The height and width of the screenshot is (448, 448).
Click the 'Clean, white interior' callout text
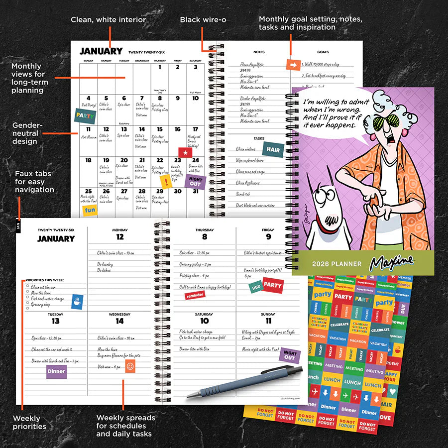point(108,20)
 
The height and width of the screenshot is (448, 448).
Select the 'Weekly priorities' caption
point(29,422)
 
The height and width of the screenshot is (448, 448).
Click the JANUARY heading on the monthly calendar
point(101,51)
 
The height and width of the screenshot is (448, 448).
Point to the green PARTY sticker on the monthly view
point(85,115)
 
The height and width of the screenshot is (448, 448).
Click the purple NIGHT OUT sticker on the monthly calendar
point(195,182)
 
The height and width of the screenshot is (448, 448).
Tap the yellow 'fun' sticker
point(90,210)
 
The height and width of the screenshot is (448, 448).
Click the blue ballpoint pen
point(244,384)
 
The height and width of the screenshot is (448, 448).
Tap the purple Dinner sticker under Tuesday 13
point(56,371)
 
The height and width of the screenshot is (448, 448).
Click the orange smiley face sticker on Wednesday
point(130,367)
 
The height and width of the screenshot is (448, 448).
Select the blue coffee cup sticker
point(77,301)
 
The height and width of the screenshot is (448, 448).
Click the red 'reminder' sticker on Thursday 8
point(195,295)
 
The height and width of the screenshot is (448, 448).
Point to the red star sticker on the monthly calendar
point(185,152)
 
